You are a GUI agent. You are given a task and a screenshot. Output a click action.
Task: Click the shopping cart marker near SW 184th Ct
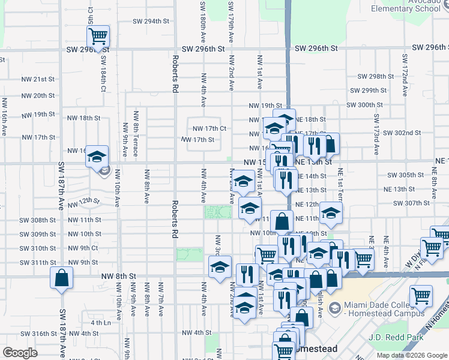[98, 37]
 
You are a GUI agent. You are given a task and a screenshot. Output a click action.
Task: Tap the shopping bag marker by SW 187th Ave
[62, 278]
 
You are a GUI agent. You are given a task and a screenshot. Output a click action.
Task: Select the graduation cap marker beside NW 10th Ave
[97, 157]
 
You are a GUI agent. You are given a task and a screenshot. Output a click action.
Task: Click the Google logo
[20, 352]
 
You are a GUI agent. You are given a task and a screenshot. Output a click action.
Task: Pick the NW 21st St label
[38, 79]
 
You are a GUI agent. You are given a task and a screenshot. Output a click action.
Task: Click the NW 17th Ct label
[209, 128]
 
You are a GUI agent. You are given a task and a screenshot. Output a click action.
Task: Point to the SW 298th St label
[375, 76]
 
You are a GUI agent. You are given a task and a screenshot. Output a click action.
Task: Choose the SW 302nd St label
[402, 132]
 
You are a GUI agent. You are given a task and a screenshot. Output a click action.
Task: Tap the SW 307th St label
[410, 203]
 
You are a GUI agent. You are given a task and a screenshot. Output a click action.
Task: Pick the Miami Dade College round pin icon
[335, 308]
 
